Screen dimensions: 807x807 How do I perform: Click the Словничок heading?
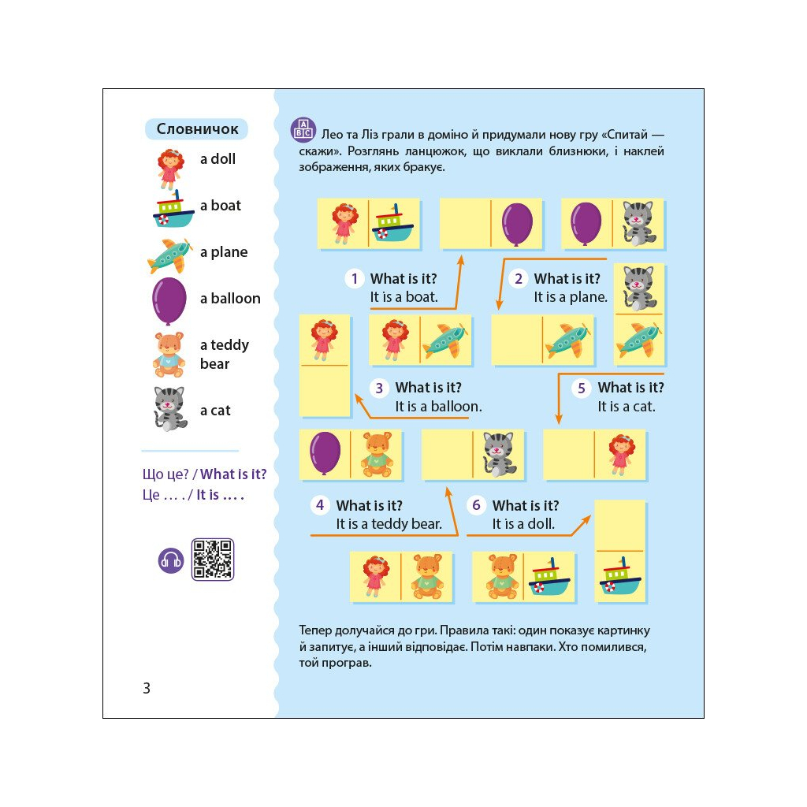(x=197, y=128)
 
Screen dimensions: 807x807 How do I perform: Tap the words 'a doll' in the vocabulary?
(x=218, y=159)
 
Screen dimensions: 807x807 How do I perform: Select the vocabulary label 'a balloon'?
(x=230, y=298)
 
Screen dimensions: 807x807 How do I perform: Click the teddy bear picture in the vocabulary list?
(x=169, y=354)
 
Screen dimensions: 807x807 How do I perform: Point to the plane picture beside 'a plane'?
(x=170, y=255)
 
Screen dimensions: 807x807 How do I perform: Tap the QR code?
(x=213, y=560)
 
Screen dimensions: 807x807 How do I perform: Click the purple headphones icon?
(x=171, y=560)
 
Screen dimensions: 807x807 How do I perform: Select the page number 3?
(x=147, y=688)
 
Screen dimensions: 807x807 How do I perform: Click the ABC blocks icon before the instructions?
(x=303, y=130)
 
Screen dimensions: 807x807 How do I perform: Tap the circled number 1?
(x=355, y=279)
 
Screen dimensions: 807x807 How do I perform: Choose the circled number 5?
(x=582, y=388)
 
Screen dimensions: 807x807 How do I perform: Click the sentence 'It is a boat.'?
(x=404, y=297)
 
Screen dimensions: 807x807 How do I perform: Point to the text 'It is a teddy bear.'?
(x=389, y=524)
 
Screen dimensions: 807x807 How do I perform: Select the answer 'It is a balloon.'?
(x=438, y=407)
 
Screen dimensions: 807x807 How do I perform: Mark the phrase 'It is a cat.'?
(x=627, y=407)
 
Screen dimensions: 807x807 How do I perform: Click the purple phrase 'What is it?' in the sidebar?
(x=233, y=474)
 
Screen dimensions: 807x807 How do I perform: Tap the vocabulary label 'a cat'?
(x=215, y=410)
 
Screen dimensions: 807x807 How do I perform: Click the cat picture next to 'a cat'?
(x=170, y=409)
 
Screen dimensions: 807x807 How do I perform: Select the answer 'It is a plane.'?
(x=571, y=297)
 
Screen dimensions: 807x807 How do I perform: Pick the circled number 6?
(x=476, y=505)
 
